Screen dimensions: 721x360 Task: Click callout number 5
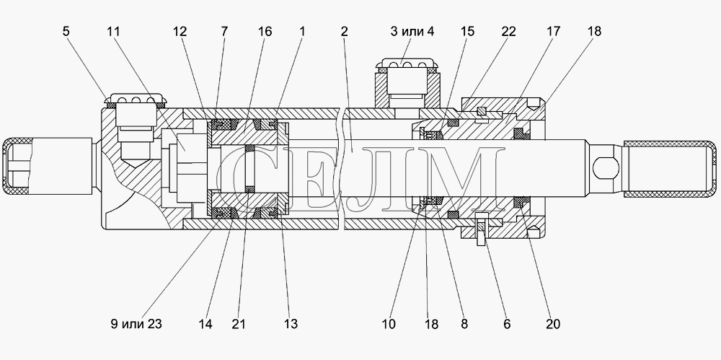66,31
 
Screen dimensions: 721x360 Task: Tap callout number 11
113,31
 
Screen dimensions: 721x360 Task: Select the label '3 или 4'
412,31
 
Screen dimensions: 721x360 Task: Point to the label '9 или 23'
136,324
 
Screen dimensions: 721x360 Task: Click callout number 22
508,31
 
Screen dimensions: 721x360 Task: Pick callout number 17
554,31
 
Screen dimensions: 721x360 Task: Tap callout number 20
553,324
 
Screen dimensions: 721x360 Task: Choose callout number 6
507,324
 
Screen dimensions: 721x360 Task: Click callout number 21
238,324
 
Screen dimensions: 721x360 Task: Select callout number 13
291,324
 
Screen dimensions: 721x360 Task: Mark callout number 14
205,324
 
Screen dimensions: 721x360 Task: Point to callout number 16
265,31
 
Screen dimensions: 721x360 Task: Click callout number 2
345,31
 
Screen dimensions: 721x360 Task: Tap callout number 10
389,324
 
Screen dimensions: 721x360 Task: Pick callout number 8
464,324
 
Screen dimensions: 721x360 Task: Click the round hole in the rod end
603,168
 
